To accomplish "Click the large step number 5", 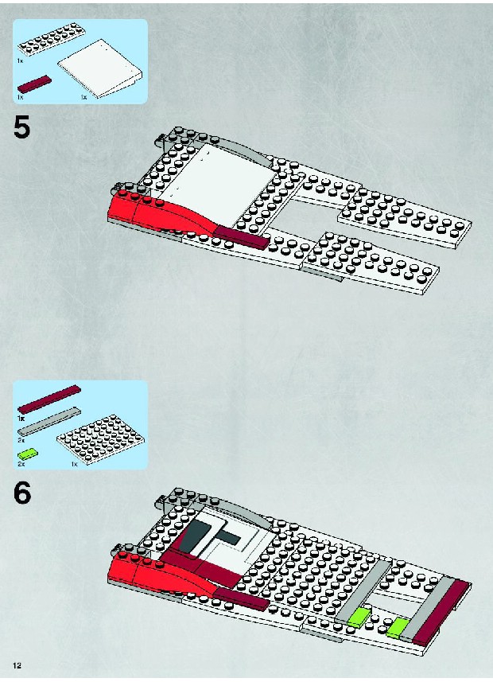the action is [22, 128].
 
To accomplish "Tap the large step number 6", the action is [22, 493].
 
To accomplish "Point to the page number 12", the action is [17, 665].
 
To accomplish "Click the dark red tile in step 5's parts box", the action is [34, 84].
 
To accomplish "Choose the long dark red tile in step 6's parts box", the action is [49, 399].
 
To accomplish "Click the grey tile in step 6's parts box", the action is [49, 422].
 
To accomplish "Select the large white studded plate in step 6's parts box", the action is [101, 439].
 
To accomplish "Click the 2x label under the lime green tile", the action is [21, 465].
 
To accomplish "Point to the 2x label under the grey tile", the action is [21, 440].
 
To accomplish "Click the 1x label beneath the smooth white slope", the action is [84, 97].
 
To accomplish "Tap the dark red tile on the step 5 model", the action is [241, 237].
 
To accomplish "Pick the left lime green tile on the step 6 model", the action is [359, 618].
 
